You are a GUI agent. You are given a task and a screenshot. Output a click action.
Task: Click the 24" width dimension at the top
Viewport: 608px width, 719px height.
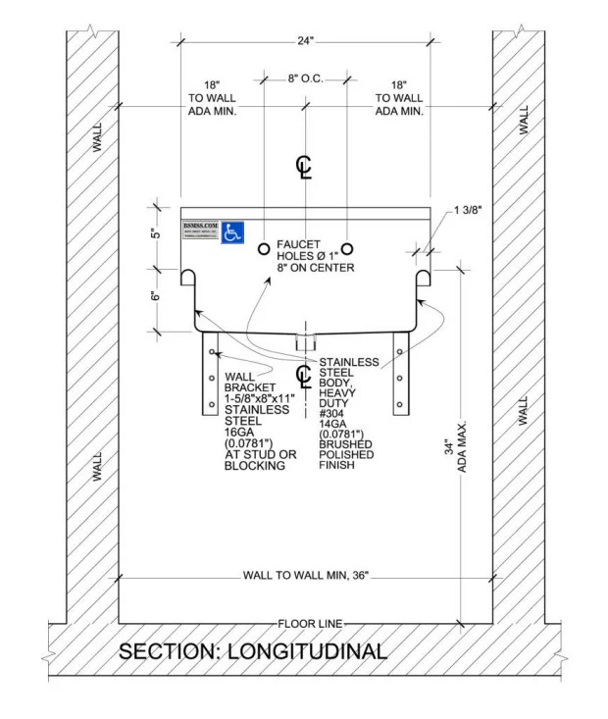[305, 41]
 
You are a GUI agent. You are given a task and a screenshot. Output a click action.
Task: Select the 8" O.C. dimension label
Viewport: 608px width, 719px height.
[306, 77]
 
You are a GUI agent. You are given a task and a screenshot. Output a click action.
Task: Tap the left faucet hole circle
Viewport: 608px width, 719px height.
[264, 249]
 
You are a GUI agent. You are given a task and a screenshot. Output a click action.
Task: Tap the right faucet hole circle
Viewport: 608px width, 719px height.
[346, 249]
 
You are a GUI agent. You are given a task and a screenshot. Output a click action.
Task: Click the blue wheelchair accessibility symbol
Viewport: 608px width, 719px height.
[232, 231]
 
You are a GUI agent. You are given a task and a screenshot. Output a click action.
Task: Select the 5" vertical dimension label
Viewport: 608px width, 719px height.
[154, 236]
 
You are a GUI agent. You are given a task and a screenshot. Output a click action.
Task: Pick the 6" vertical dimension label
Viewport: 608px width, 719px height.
[154, 295]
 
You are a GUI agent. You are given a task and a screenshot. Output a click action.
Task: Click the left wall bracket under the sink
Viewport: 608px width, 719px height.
[209, 374]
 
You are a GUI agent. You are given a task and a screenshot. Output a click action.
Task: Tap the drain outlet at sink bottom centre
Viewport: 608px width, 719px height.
[306, 340]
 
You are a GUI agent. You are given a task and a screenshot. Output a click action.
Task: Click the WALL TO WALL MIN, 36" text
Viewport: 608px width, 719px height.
[305, 576]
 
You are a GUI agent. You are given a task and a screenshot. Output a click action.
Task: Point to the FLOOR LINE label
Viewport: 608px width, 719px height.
[306, 624]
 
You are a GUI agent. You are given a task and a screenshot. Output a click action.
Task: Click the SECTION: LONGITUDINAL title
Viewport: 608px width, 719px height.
[252, 651]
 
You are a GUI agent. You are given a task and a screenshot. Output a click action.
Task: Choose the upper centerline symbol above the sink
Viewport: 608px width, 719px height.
[304, 167]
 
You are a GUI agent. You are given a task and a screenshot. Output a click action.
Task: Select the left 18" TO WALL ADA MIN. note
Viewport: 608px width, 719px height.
[211, 98]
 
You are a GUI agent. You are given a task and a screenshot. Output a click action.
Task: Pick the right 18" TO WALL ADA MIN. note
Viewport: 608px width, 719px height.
[399, 98]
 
